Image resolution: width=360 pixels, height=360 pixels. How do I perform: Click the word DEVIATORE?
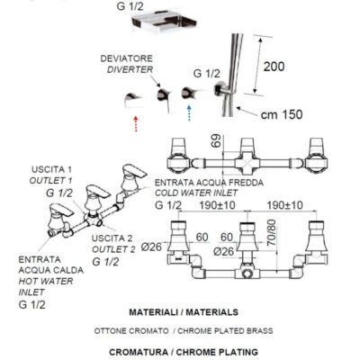[126, 58]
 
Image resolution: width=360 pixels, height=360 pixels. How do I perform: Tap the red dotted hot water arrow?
[136, 123]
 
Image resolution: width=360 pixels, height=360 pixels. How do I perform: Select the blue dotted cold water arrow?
[189, 112]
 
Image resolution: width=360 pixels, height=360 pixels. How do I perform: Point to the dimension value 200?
[274, 67]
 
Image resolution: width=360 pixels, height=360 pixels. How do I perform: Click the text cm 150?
[282, 114]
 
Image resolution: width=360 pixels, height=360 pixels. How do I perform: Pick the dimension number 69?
[217, 140]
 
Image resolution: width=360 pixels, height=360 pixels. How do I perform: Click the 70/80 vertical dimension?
[272, 232]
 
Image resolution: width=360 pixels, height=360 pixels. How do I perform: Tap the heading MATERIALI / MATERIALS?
[184, 312]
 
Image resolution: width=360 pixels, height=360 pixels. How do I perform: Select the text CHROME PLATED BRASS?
[225, 331]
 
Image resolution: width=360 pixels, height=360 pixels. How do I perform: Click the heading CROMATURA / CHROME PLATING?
[184, 352]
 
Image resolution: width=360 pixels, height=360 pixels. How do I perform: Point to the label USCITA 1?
[51, 169]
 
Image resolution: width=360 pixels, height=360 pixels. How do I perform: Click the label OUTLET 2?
[113, 249]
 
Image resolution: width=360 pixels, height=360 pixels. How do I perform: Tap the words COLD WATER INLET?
[196, 193]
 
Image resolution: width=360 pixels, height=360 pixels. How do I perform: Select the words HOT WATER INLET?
[46, 286]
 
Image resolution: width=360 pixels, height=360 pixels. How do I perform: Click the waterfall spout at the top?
[164, 21]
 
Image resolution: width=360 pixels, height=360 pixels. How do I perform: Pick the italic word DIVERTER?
[130, 69]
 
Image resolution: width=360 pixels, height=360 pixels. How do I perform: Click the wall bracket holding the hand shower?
[222, 89]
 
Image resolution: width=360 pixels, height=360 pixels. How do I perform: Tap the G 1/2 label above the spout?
[130, 6]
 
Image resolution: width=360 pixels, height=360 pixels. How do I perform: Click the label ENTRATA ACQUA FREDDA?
[209, 183]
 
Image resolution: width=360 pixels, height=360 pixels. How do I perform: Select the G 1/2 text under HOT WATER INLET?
[31, 304]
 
